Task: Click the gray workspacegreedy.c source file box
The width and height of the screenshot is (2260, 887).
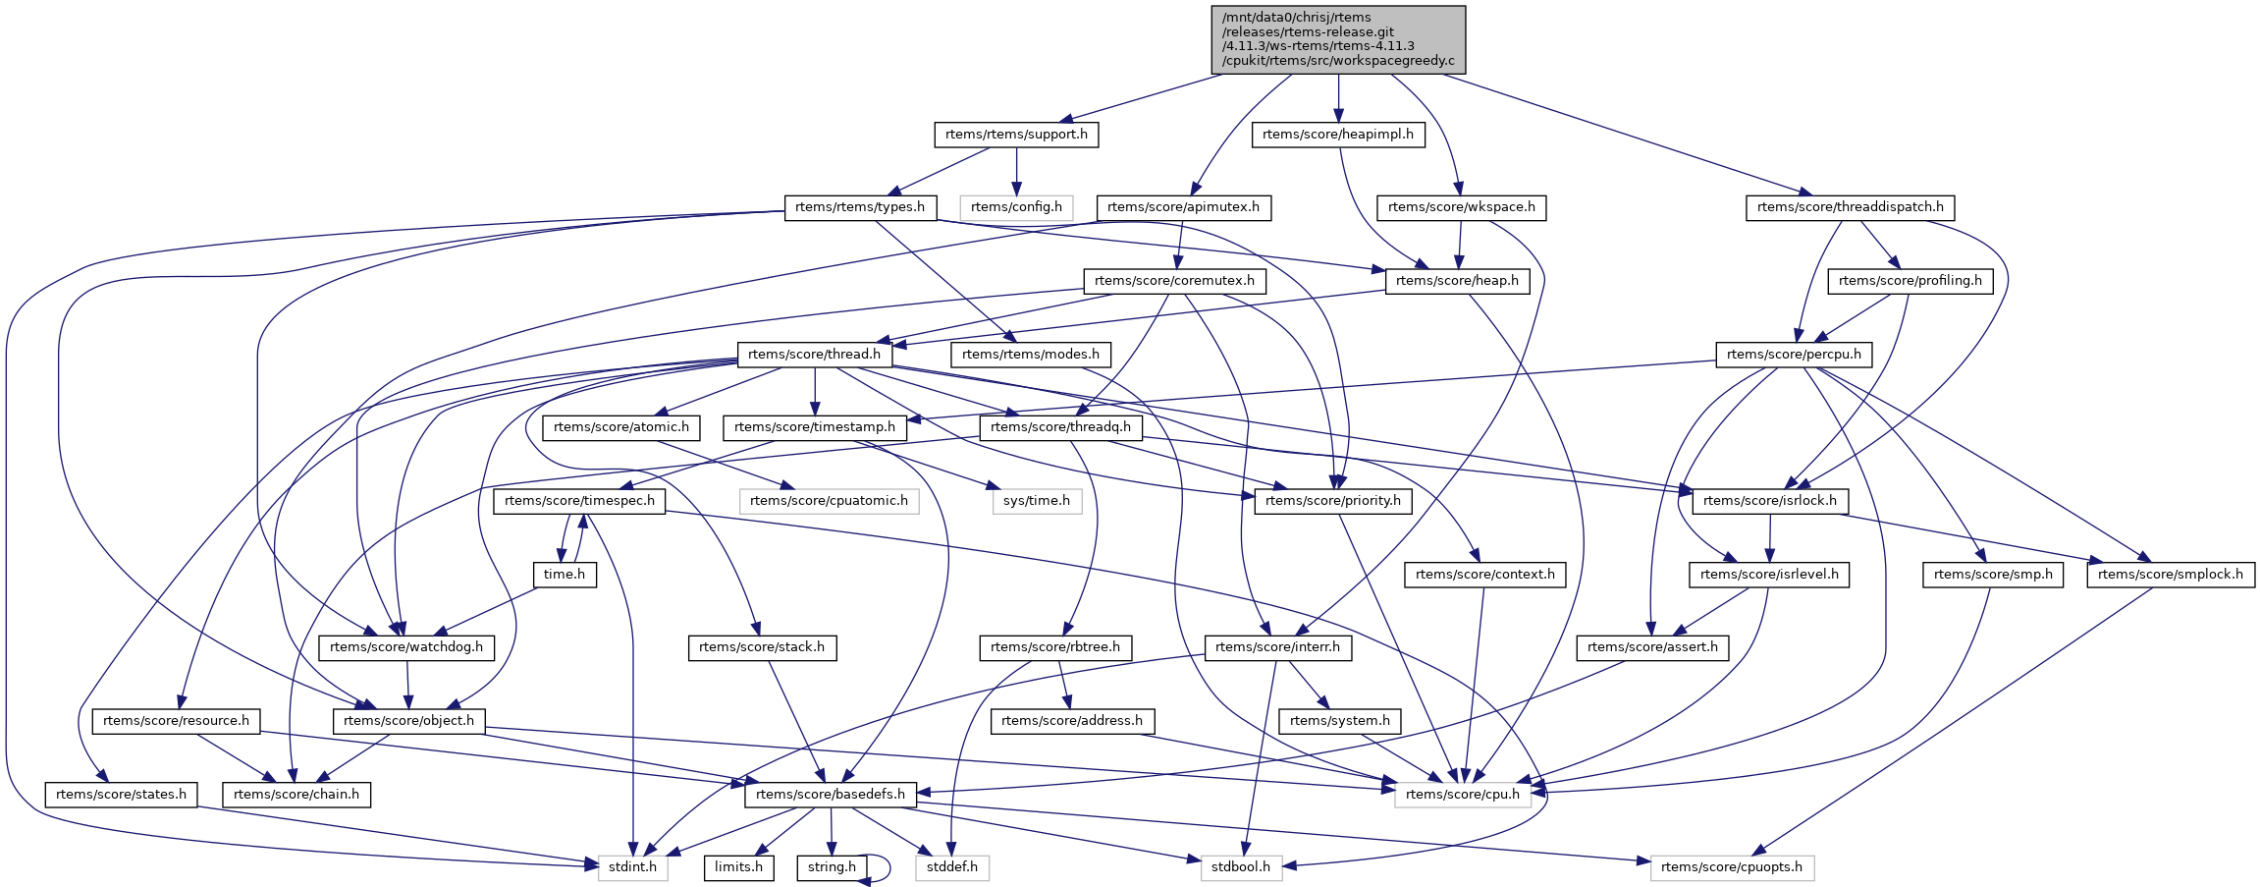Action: pos(1338,39)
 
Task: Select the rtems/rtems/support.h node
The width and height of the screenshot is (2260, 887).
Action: pos(1016,135)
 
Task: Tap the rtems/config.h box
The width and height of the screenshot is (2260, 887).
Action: pos(1016,207)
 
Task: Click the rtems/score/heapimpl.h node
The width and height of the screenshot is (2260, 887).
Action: pos(1338,135)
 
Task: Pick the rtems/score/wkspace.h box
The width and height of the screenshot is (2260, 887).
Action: pos(1462,207)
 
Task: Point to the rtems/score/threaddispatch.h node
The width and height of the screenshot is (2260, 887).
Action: pos(1850,207)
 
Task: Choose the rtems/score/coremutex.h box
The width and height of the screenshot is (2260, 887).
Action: pos(1174,281)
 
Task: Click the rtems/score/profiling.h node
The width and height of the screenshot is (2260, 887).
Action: pos(1910,281)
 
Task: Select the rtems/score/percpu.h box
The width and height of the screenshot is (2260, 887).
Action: pos(1794,355)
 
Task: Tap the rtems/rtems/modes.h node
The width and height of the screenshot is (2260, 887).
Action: pos(1031,355)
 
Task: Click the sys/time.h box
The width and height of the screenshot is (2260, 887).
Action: pos(1037,501)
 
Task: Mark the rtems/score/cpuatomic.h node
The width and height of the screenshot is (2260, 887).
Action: pos(830,501)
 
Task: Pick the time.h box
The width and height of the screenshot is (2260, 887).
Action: pos(565,575)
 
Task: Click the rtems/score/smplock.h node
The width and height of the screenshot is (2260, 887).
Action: pos(2170,575)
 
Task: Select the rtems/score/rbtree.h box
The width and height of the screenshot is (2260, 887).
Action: pos(1055,647)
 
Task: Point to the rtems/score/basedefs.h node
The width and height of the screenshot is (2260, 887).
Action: pos(831,795)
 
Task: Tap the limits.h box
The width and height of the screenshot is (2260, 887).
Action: pos(738,867)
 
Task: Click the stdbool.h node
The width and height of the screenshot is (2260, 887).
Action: pos(1241,867)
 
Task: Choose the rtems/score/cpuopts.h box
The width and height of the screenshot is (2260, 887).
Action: pos(1732,867)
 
